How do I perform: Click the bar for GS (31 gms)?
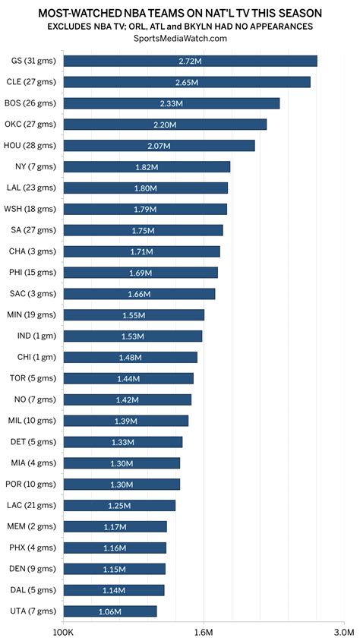(190, 61)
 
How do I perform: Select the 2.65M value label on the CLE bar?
(186, 82)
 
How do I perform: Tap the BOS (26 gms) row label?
(34, 103)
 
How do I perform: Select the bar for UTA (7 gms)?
(110, 611)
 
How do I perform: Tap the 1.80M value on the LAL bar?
(145, 188)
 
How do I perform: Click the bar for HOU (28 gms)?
(159, 145)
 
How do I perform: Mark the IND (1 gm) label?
(36, 336)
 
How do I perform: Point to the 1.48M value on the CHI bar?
(130, 357)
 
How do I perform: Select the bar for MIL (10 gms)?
(125, 421)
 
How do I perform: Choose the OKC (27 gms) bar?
(165, 124)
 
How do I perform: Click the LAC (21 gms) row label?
(34, 505)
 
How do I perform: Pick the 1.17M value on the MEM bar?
(115, 526)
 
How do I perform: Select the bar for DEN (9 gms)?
(114, 569)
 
